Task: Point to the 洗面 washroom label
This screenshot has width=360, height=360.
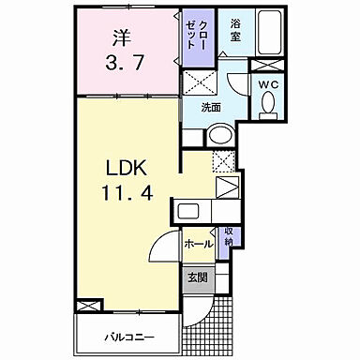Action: (x=211, y=107)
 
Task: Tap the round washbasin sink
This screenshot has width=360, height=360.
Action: (x=220, y=135)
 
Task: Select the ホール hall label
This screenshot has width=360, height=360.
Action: (x=197, y=244)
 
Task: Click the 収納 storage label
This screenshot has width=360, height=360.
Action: (x=228, y=238)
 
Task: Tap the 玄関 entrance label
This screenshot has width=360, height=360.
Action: (x=196, y=277)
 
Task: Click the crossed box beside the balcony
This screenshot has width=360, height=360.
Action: (x=87, y=307)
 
